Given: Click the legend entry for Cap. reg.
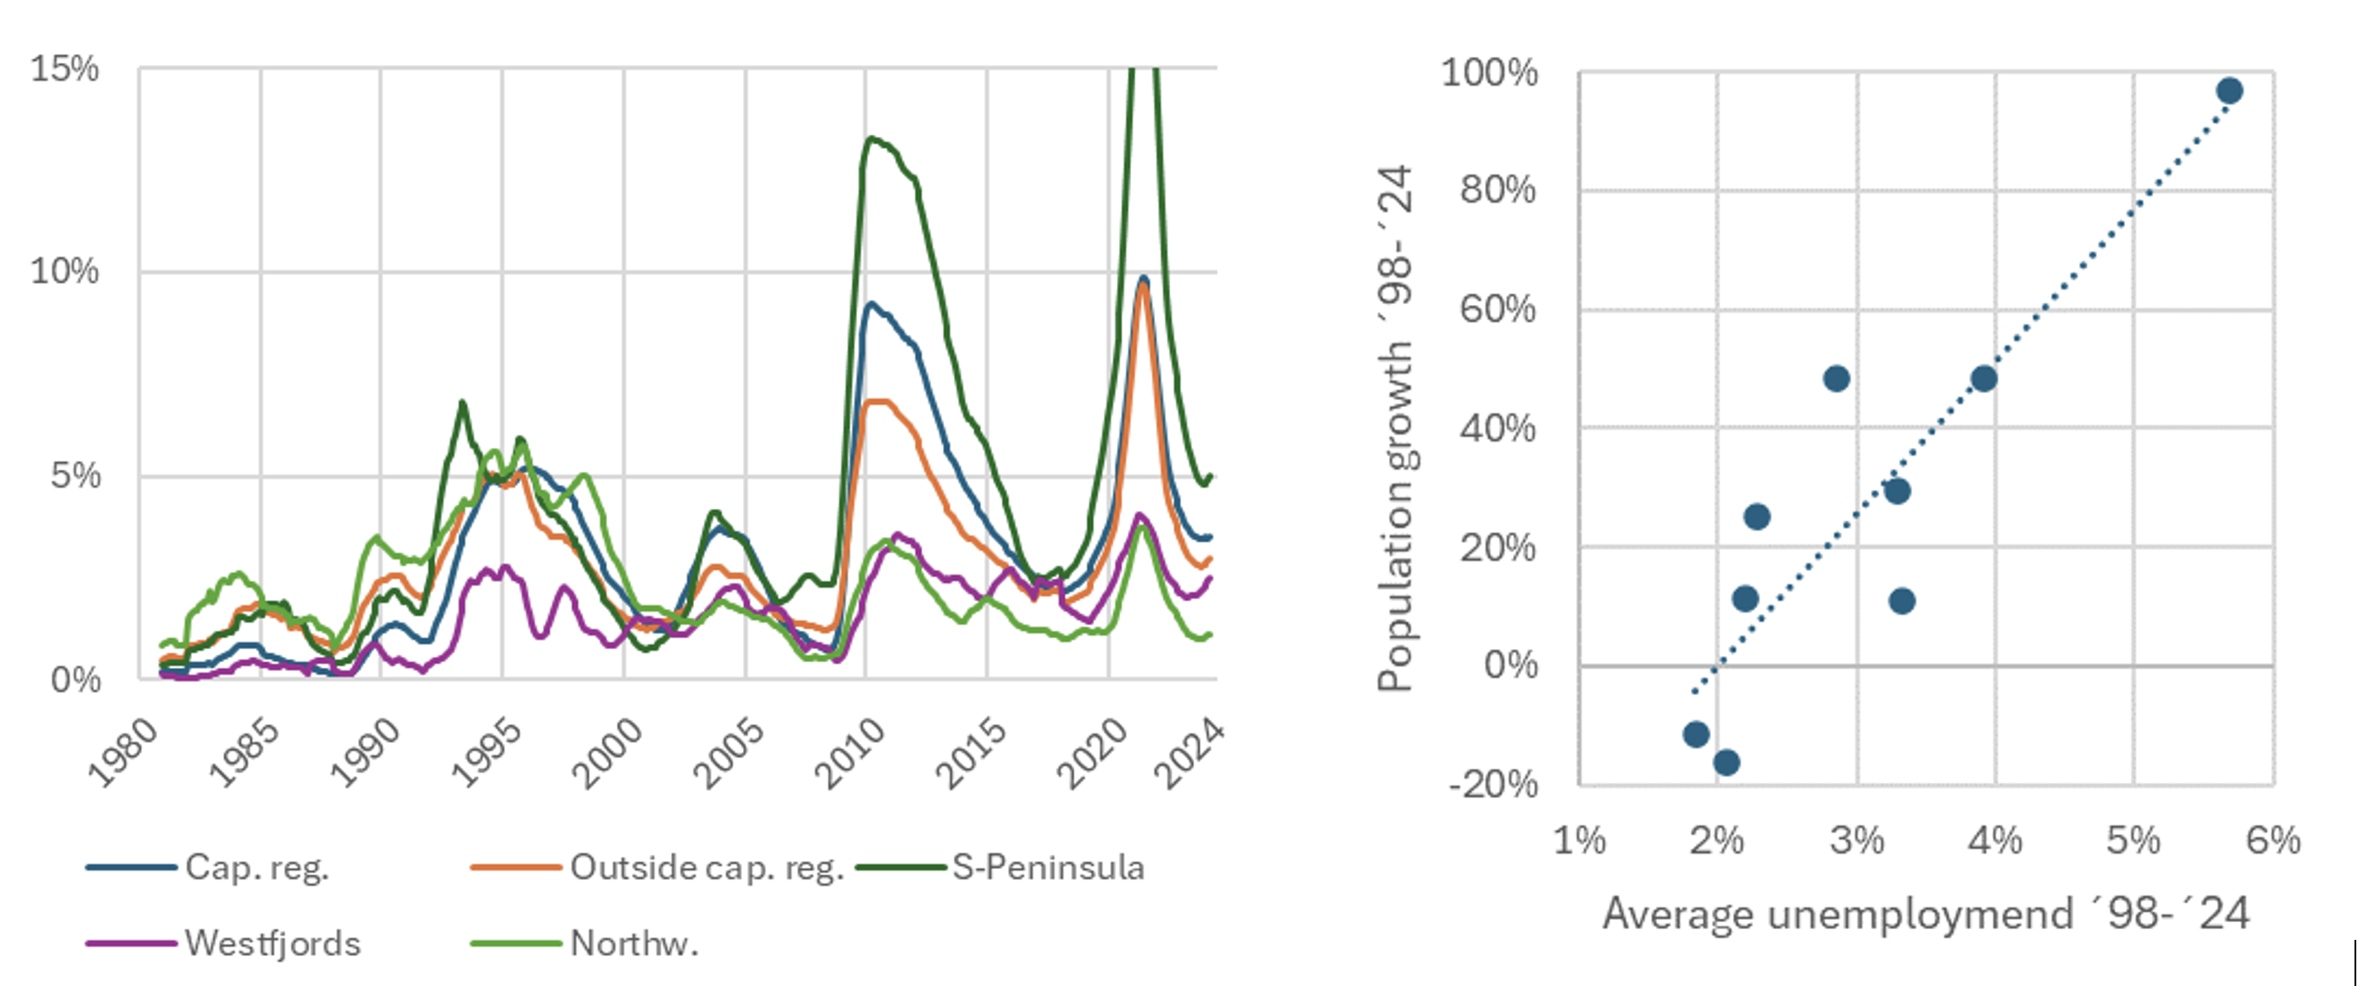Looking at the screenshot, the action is point(207,867).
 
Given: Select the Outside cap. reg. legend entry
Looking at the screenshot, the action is point(657,867).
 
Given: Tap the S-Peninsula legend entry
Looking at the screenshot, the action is point(1000,867).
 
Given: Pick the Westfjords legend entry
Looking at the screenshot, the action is point(223,943).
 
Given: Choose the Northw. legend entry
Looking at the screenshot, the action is point(584,943).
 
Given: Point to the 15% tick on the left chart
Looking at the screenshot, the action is point(65,68).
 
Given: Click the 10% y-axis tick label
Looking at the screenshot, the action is point(65,271).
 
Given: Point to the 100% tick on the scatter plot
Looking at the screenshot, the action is point(1489,72).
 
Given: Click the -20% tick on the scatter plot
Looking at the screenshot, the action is point(1493,784).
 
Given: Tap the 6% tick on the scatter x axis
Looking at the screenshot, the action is point(2273,841).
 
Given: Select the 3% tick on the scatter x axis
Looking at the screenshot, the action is point(1857,841).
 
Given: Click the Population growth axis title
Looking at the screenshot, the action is point(1395,428).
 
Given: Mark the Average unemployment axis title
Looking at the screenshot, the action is point(1926,913).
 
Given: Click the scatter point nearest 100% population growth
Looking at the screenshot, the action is point(2230,90).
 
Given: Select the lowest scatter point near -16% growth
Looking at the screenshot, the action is point(1726,762).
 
